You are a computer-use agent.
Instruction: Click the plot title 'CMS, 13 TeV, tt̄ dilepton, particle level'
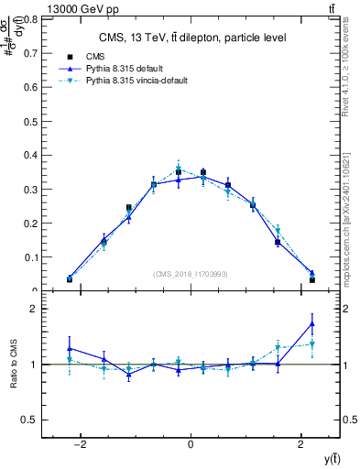pyautogui.click(x=191, y=38)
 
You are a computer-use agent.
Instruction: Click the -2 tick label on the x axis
pyautogui.click(x=80, y=445)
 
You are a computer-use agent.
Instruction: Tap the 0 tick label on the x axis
pyautogui.click(x=191, y=445)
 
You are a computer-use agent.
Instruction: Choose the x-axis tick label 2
pyautogui.click(x=301, y=445)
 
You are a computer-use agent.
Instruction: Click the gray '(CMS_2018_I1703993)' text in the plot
pyautogui.click(x=191, y=274)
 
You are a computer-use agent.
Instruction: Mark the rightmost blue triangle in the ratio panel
pyautogui.click(x=312, y=323)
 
